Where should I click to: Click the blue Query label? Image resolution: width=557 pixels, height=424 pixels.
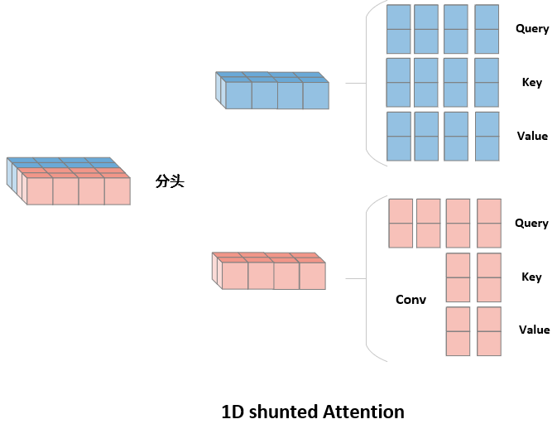click(x=532, y=29)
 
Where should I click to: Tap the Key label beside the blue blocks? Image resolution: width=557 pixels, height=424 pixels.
click(x=532, y=83)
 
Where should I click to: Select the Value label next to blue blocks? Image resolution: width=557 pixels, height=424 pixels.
click(x=532, y=137)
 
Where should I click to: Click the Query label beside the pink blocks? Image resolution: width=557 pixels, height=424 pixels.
click(x=531, y=224)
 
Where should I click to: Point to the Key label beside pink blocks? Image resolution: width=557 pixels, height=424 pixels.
click(x=531, y=277)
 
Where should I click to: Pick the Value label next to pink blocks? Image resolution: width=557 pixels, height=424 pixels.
click(x=534, y=330)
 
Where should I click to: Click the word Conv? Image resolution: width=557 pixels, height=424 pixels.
click(x=411, y=300)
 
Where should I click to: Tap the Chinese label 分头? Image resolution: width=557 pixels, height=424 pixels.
click(x=170, y=181)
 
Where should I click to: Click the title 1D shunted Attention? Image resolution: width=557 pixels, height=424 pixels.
click(x=313, y=412)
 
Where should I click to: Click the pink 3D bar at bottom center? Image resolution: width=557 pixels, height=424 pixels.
click(x=269, y=271)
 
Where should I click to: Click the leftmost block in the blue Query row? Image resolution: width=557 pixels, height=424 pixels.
click(x=399, y=29)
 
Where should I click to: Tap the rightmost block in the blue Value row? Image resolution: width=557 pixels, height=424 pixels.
click(x=487, y=137)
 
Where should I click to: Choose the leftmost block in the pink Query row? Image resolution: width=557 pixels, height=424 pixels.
click(x=401, y=224)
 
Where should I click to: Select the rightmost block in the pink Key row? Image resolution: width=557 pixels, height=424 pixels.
click(x=489, y=277)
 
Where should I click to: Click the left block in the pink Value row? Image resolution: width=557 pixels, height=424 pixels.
click(x=458, y=331)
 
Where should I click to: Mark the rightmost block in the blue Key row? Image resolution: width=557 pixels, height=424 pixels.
click(x=487, y=83)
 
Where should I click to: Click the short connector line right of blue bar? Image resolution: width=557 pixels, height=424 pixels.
click(x=355, y=84)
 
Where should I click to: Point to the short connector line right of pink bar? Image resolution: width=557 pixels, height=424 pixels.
click(x=356, y=278)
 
